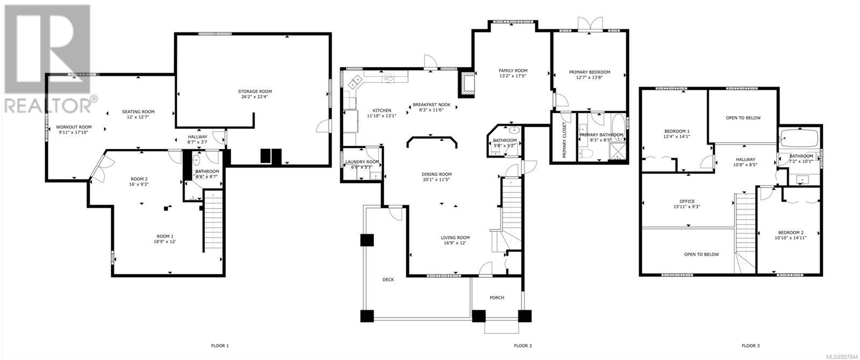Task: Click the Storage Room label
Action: (255, 91)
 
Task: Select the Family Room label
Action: (513, 70)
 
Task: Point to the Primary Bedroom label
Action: (589, 72)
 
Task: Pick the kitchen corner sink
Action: (355, 81)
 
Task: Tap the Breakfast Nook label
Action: (432, 105)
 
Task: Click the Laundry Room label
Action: (362, 162)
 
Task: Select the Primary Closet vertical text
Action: (564, 140)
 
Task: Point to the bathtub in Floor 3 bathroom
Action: (799, 138)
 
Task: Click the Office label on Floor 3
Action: (687, 201)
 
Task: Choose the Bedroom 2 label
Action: (791, 233)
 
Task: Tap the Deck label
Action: (388, 280)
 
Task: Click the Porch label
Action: (497, 298)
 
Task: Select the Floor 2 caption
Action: (523, 346)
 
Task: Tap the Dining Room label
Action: (436, 174)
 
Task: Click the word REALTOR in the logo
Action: (47, 105)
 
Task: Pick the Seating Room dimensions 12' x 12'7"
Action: (138, 117)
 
